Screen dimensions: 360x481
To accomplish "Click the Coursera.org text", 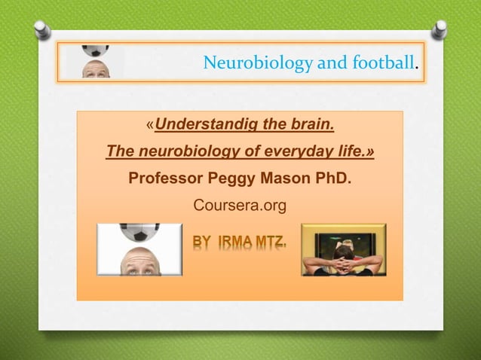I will click(x=240, y=205).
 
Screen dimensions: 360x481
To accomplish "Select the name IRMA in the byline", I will click(x=234, y=243).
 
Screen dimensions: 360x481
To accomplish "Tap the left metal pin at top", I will click(x=44, y=29).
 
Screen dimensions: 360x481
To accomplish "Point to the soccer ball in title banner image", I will click(x=95, y=51).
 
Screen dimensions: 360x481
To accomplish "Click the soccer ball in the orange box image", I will click(x=139, y=230).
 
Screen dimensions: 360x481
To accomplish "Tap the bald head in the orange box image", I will click(x=139, y=260).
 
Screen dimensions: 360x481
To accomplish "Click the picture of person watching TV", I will click(x=343, y=250).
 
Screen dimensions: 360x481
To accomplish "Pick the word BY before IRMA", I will click(x=202, y=243).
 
